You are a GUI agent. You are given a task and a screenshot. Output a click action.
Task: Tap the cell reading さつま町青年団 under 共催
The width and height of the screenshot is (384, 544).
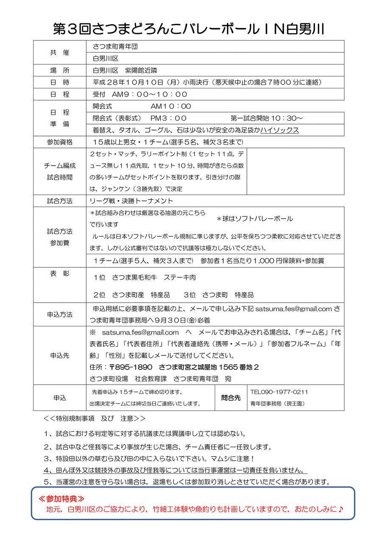115,46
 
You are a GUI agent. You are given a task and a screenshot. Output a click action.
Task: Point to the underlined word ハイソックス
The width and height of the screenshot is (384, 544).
280,130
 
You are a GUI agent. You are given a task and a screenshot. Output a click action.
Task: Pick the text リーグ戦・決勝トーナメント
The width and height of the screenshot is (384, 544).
132,201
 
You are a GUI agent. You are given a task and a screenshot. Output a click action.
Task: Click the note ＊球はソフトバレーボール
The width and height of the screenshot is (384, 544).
255,219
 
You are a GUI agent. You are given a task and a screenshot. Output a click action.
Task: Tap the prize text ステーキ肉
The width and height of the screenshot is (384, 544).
179,277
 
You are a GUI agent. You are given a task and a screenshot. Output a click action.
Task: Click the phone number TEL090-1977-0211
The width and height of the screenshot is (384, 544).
279,392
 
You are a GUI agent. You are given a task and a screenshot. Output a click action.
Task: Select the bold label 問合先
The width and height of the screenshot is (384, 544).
231,398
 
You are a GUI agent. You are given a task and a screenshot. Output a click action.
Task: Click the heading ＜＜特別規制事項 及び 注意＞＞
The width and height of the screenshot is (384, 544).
94,418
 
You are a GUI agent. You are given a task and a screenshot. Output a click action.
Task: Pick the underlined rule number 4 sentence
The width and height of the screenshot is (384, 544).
175,470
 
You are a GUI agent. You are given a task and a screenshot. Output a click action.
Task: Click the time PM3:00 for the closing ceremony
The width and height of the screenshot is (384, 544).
168,118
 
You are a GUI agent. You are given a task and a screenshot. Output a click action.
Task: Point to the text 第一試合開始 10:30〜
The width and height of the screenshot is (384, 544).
266,118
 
